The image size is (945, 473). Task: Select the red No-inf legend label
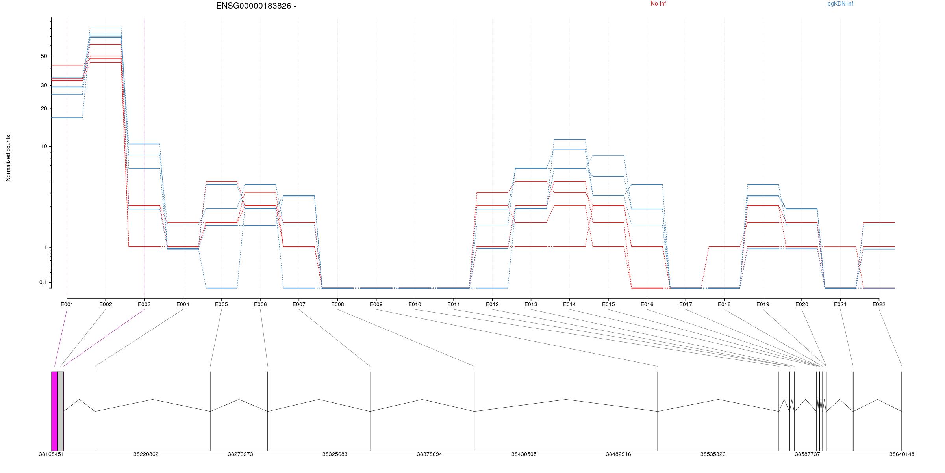(x=658, y=4)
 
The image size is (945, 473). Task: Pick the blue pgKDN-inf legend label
(x=840, y=4)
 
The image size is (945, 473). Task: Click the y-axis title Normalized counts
(x=8, y=158)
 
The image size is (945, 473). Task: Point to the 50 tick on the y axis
(x=44, y=56)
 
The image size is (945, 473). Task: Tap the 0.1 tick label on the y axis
(x=43, y=282)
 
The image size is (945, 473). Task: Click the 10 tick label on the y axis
(x=44, y=146)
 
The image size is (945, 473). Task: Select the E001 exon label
(x=67, y=304)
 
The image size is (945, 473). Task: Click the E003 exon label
(x=144, y=304)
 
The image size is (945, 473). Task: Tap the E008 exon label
(x=337, y=304)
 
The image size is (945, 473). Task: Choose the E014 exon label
(x=569, y=304)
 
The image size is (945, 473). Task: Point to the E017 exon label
(x=686, y=304)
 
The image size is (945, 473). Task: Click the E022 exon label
(x=879, y=304)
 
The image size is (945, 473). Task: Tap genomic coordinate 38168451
(x=51, y=454)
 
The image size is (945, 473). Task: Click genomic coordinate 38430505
(x=524, y=454)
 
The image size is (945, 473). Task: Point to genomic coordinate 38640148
(x=902, y=454)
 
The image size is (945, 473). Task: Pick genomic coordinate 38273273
(x=240, y=454)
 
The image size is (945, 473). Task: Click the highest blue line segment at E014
(x=569, y=140)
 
